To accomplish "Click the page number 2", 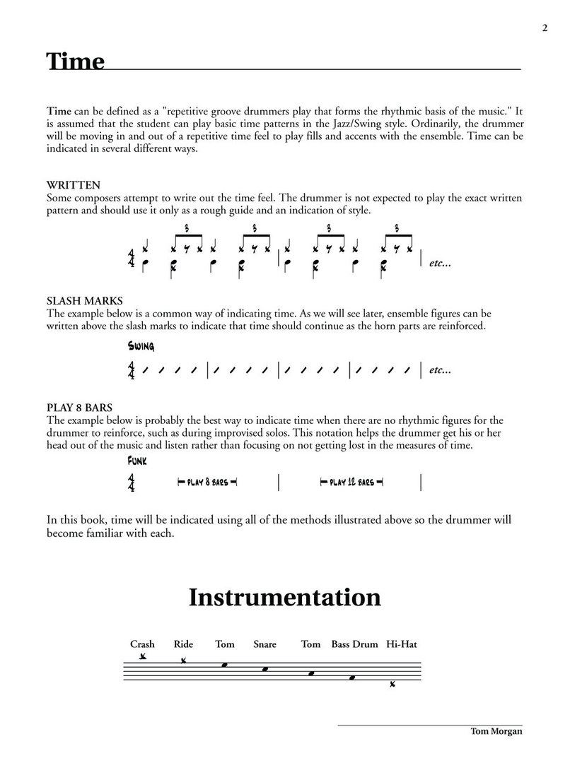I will [x=545, y=28].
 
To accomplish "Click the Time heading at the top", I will [x=75, y=61].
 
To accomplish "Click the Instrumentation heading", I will [x=284, y=598].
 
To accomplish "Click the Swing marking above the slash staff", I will [x=141, y=346].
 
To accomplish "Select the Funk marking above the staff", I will [x=137, y=461].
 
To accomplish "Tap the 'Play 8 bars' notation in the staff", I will [x=207, y=483].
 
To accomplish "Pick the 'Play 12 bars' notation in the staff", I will [x=351, y=483].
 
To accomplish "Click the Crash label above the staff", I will [x=142, y=644].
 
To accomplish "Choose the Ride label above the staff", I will [x=183, y=644].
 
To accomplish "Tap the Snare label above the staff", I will [x=264, y=644].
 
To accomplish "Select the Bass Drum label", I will [x=354, y=644].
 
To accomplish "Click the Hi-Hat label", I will [x=402, y=644].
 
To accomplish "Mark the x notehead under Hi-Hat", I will [x=392, y=685].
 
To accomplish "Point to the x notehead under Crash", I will [x=143, y=656].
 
